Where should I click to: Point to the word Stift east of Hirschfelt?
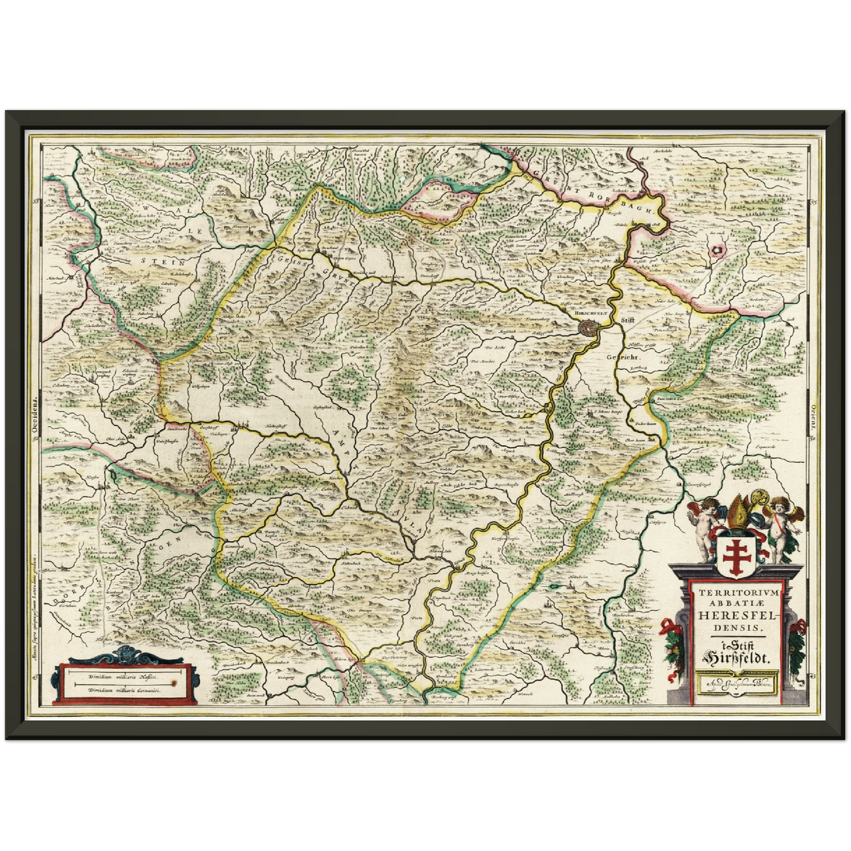pyautogui.click(x=630, y=320)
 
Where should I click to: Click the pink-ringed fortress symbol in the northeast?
pyautogui.click(x=717, y=250)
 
